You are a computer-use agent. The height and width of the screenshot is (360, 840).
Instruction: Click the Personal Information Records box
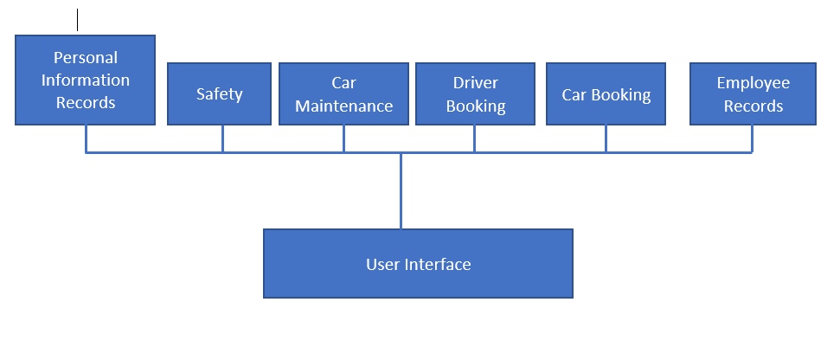pos(85,80)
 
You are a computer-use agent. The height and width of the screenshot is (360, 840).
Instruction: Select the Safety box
pos(219,93)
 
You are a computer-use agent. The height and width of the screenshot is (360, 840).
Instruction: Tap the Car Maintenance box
pos(343,93)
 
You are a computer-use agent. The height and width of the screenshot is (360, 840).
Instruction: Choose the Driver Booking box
pos(475,93)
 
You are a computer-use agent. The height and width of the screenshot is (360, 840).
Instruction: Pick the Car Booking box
pos(606,93)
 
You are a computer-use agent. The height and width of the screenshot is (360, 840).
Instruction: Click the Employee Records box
pos(753,93)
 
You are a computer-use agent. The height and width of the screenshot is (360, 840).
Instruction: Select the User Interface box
pos(418,264)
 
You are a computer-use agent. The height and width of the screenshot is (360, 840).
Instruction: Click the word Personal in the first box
pos(85,58)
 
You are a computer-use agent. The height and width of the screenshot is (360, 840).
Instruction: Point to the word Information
pos(85,80)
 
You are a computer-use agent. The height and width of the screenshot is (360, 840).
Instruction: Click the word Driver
pos(475,83)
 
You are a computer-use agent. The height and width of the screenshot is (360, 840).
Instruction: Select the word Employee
pos(753,83)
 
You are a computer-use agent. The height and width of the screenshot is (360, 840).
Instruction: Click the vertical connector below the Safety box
pos(222,138)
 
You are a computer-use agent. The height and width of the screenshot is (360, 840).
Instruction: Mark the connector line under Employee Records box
pos(752,138)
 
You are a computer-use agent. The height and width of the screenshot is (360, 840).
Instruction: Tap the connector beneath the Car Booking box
pos(606,138)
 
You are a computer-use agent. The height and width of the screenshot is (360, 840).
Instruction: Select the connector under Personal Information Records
pos(86,138)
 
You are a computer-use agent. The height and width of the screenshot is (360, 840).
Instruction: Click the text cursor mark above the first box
pos(78,19)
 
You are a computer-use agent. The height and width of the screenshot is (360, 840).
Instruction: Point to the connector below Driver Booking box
pos(474,138)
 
